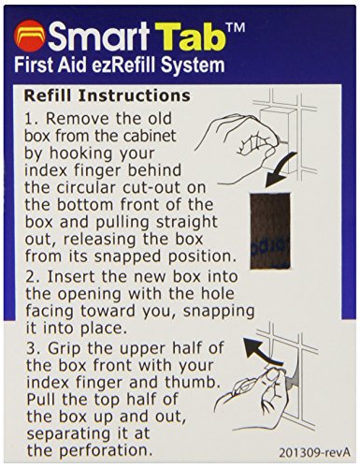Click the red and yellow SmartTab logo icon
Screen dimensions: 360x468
click(x=29, y=36)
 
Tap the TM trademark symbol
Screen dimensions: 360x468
click(x=236, y=27)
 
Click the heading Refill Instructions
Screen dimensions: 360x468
click(x=108, y=95)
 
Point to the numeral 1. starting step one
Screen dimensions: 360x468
click(x=33, y=119)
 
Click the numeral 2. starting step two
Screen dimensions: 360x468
click(x=33, y=277)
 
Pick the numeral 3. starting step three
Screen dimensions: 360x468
click(x=33, y=348)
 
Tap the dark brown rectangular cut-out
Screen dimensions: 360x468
click(x=270, y=230)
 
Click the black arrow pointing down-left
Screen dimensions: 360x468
click(x=279, y=171)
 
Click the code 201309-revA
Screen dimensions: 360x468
click(x=314, y=452)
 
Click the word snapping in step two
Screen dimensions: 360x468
click(x=219, y=312)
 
